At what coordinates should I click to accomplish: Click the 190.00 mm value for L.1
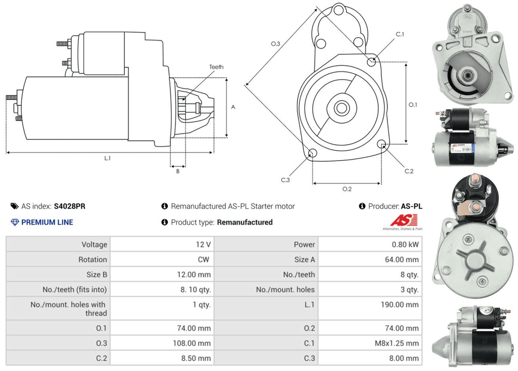[399, 305]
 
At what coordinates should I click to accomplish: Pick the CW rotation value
[204, 259]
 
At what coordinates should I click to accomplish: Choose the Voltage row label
[94, 244]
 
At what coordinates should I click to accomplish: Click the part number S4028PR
[70, 206]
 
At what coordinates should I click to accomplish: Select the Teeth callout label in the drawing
[217, 67]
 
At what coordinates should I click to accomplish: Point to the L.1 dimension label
[107, 159]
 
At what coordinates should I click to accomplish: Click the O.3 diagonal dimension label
[276, 44]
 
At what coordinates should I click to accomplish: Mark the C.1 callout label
[400, 34]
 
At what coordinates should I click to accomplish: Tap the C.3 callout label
[285, 180]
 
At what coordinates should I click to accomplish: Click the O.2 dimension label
[347, 189]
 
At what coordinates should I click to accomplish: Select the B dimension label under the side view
[177, 171]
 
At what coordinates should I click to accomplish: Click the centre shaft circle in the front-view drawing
[341, 108]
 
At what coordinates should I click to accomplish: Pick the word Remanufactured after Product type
[244, 222]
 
